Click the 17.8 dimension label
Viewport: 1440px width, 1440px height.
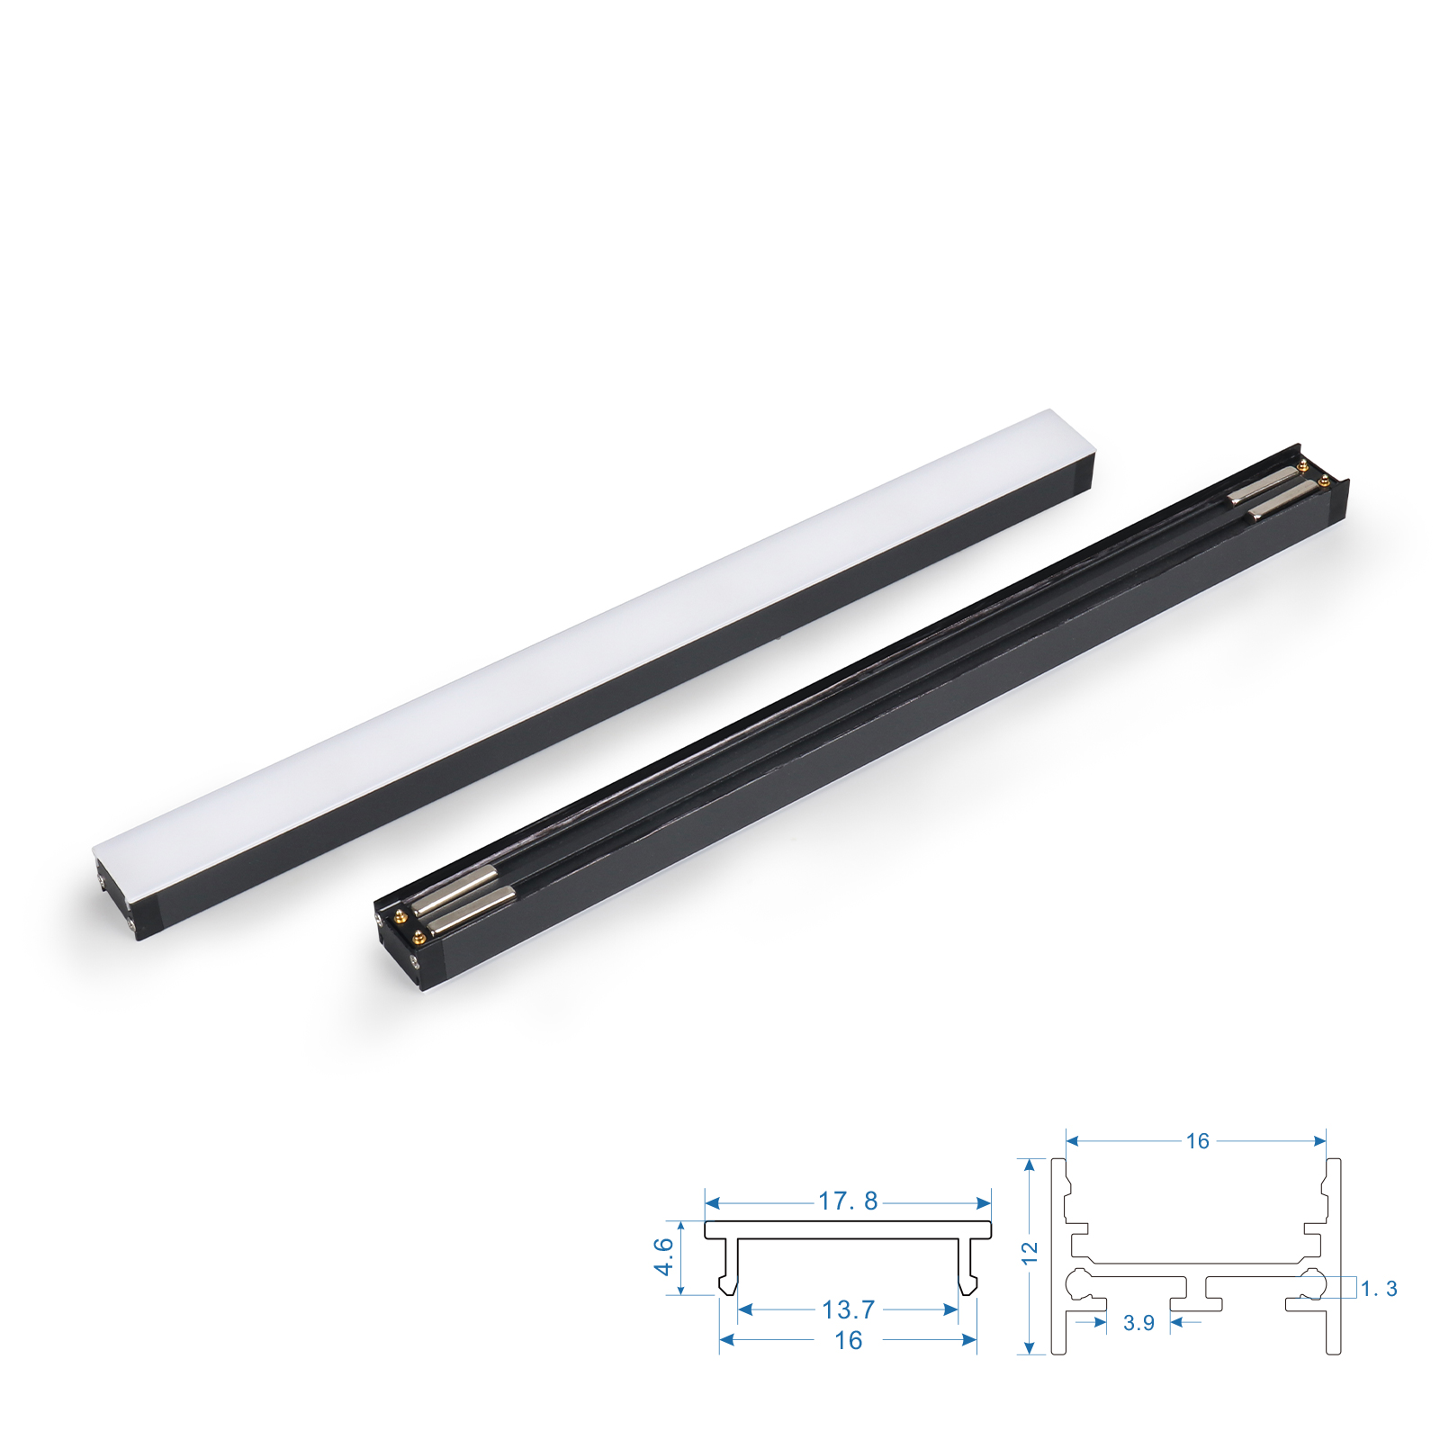click(x=847, y=1201)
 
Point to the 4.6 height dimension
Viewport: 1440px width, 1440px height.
click(x=663, y=1256)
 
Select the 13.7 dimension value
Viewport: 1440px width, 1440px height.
click(x=848, y=1309)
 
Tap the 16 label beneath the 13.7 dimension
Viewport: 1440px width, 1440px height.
click(x=848, y=1340)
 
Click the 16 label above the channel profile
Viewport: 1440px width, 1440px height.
click(x=1197, y=1141)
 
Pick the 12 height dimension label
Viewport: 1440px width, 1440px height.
click(x=1030, y=1253)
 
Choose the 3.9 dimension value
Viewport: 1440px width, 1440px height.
click(x=1138, y=1323)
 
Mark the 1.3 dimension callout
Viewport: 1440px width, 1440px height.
click(x=1379, y=1289)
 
